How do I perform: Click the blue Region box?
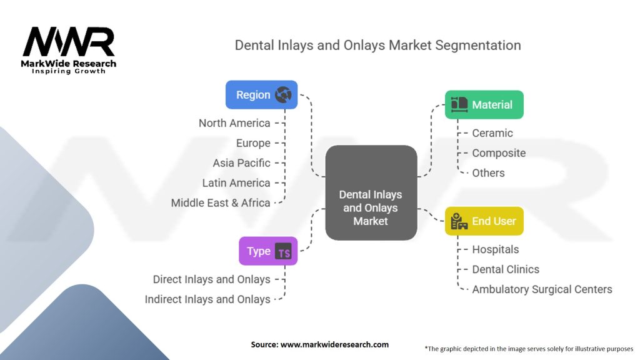pos(261,95)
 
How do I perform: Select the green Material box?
pos(484,104)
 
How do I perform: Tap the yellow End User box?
pos(484,221)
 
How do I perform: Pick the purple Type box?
pos(268,251)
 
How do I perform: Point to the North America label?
pos(234,123)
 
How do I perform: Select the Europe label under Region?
pos(253,143)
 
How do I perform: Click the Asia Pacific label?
pos(241,163)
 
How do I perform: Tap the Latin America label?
pos(236,183)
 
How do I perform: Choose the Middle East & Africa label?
pos(221,203)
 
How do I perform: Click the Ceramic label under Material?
pos(492,133)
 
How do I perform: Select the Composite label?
pos(499,153)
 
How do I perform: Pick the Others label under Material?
pos(488,173)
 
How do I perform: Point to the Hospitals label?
pos(496,249)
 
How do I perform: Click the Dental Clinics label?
pos(506,269)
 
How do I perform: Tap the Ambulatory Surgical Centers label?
pos(542,289)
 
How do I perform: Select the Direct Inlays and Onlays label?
pos(212,279)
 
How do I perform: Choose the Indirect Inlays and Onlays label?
pos(207,299)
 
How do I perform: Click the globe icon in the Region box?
pos(283,95)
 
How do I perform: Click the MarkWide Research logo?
pos(69,50)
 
